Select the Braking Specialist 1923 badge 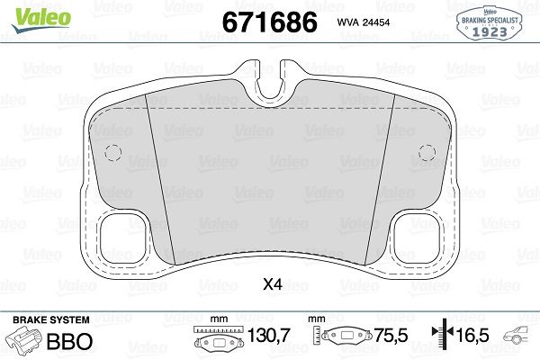tap(490, 21)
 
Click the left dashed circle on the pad tap(112, 152)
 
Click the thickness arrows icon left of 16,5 tap(440, 337)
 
